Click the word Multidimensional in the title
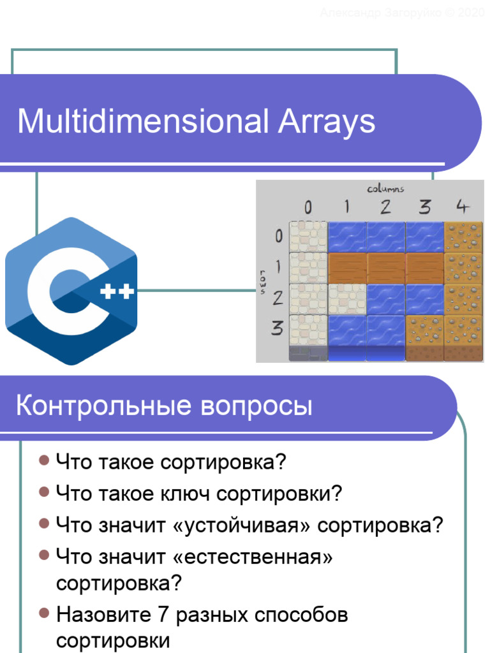click(x=143, y=121)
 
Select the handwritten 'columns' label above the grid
click(x=385, y=188)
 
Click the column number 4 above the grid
click(x=463, y=207)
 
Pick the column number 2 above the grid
click(x=385, y=207)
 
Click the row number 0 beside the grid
click(x=278, y=236)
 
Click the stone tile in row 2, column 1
click(x=347, y=298)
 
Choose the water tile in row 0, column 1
click(x=347, y=237)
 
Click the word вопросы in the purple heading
click(x=257, y=406)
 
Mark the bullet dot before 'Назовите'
click(x=44, y=613)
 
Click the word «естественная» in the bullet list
click(x=253, y=557)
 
